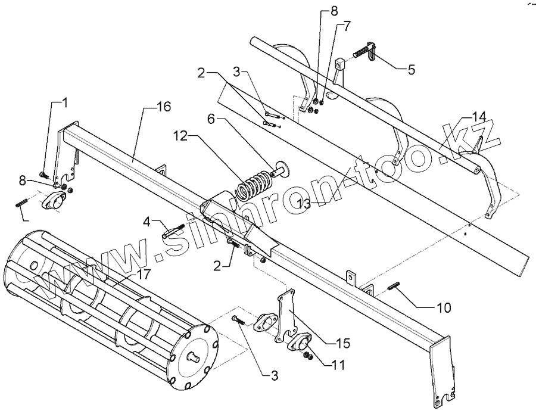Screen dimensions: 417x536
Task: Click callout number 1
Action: [x=65, y=102]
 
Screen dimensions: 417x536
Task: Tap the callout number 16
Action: [x=164, y=107]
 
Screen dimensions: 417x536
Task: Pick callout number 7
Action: [x=347, y=26]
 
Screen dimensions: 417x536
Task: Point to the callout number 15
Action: [x=342, y=343]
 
